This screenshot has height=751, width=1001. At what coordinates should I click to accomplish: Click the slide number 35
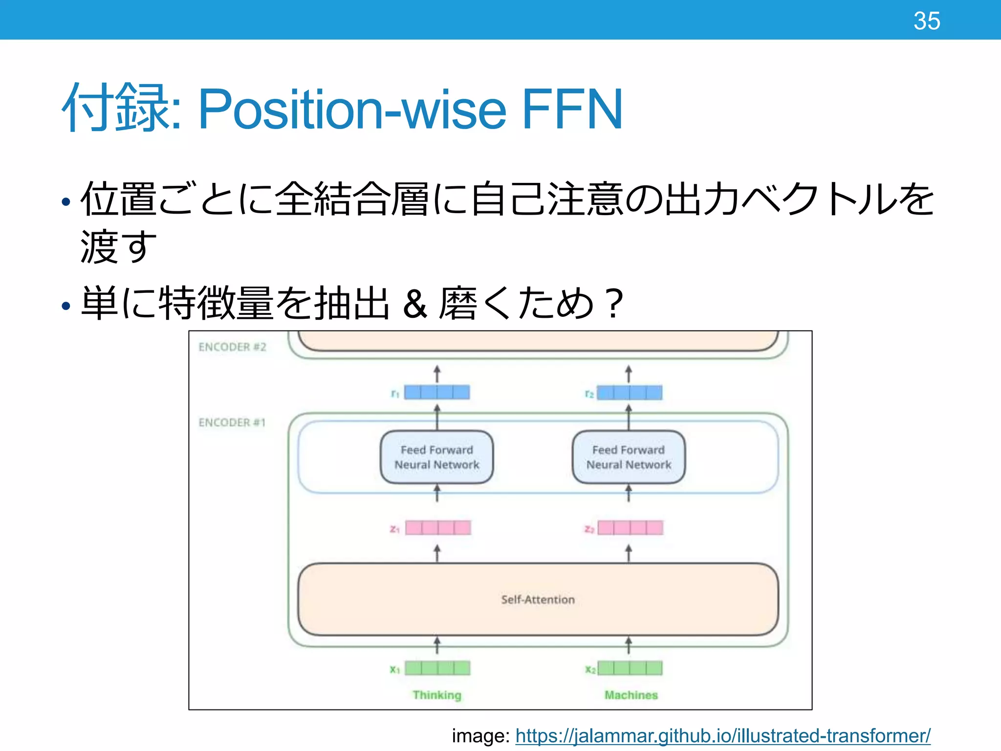tap(926, 21)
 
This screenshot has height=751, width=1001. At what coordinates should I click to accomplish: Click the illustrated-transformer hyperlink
tap(722, 735)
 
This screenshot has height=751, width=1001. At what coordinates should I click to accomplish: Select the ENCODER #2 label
tap(232, 347)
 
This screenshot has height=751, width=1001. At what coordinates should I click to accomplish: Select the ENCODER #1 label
tap(232, 422)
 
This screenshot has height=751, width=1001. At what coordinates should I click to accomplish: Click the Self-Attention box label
tap(538, 599)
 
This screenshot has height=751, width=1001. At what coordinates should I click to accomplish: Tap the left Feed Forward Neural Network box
tap(436, 457)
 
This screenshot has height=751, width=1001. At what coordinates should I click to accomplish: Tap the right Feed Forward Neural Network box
tap(629, 457)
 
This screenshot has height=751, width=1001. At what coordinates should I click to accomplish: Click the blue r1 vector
tap(437, 392)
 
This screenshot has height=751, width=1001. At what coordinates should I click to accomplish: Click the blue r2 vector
tap(630, 393)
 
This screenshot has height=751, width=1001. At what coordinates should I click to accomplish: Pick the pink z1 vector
tap(438, 528)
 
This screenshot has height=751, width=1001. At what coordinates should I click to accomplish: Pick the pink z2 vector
tap(631, 528)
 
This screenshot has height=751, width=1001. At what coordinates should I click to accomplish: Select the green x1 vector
tap(437, 668)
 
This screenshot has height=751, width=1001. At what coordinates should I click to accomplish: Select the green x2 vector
tap(630, 668)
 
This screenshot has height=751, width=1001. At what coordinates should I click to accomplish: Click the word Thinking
tap(437, 695)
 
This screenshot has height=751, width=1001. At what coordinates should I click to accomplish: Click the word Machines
tap(631, 695)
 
